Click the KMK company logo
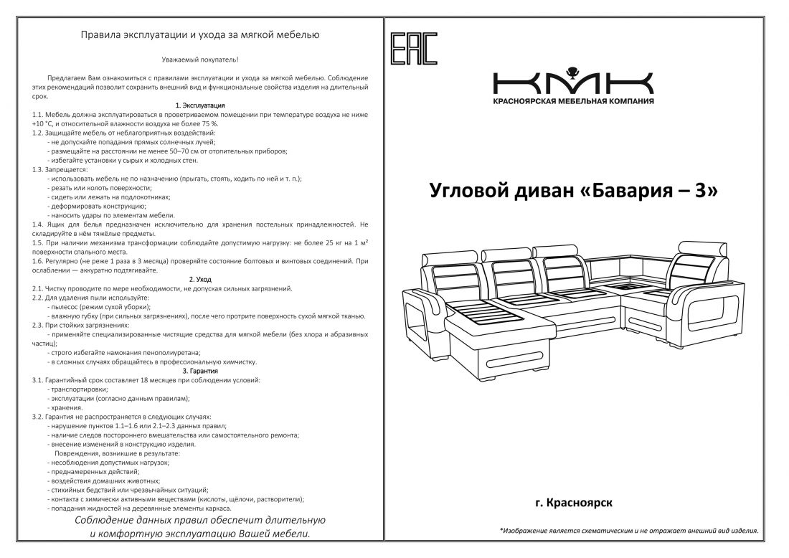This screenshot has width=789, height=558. (573, 82)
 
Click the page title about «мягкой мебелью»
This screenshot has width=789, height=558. (200, 34)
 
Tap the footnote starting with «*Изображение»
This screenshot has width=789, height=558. (628, 531)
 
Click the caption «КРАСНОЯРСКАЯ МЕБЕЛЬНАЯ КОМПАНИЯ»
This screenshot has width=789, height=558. (573, 102)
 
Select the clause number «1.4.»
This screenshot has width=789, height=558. (39, 224)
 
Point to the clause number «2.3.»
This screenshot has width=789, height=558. (39, 325)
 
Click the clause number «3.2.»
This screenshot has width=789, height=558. (39, 416)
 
